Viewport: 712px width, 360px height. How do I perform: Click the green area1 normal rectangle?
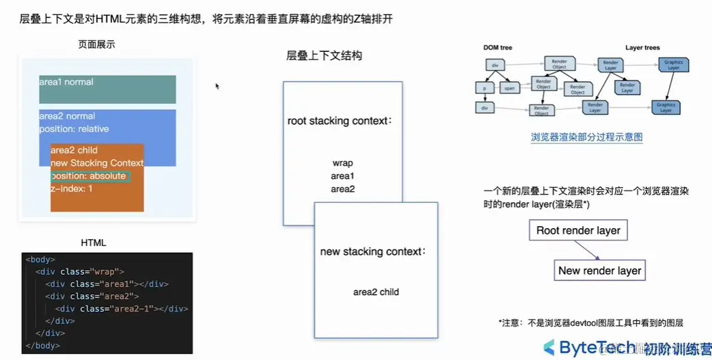pyautogui.click(x=107, y=89)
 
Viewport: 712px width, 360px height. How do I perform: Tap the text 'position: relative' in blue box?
pyautogui.click(x=74, y=129)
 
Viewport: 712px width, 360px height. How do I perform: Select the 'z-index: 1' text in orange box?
pyautogui.click(x=72, y=189)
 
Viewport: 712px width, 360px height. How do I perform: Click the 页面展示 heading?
pyautogui.click(x=97, y=44)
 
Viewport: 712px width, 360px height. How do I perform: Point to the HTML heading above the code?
pyautogui.click(x=94, y=243)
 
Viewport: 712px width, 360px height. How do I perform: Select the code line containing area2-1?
pyautogui.click(x=122, y=309)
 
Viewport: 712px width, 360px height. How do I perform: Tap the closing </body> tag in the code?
pyautogui.click(x=42, y=346)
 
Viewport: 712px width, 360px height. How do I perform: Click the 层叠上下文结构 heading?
pyautogui.click(x=324, y=56)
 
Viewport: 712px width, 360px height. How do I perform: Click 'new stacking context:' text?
pyautogui.click(x=373, y=252)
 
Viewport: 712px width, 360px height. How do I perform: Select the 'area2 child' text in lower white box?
pyautogui.click(x=376, y=292)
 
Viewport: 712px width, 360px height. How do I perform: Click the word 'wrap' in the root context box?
pyautogui.click(x=342, y=163)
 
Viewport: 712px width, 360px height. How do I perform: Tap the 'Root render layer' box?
pyautogui.click(x=578, y=230)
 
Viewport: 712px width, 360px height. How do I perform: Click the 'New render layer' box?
pyautogui.click(x=599, y=271)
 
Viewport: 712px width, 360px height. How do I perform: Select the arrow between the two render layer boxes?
pyautogui.click(x=590, y=250)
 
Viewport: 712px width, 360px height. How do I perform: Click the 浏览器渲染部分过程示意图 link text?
pyautogui.click(x=586, y=137)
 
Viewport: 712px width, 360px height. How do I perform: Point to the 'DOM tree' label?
pyautogui.click(x=497, y=48)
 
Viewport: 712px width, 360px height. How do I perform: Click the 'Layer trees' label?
pyautogui.click(x=642, y=48)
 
